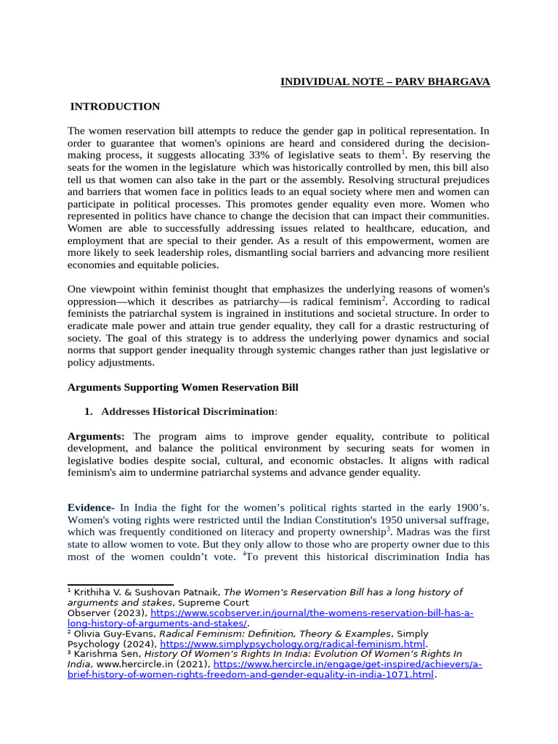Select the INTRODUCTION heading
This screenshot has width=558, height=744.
click(x=115, y=107)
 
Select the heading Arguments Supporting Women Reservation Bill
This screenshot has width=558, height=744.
click(x=182, y=387)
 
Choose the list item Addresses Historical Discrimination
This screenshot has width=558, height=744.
click(x=187, y=411)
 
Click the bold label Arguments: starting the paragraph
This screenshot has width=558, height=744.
click(x=96, y=436)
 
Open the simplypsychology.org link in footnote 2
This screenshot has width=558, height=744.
click(x=292, y=644)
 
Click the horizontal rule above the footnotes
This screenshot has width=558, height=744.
click(x=121, y=583)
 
